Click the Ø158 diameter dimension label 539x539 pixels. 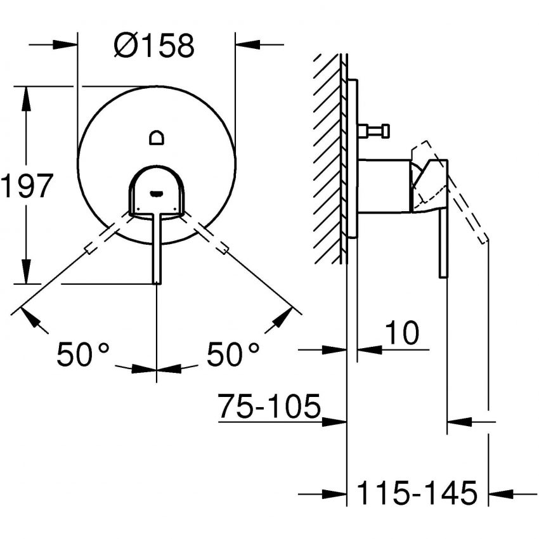154,46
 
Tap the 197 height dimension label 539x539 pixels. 27,186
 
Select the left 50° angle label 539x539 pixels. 83,354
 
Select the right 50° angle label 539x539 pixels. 233,354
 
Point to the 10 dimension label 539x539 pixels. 402,333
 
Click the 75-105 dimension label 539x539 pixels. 269,406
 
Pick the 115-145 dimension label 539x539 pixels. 417,493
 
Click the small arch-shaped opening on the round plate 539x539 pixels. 157,138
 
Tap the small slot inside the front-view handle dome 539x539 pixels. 157,195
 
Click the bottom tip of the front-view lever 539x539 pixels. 157,283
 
